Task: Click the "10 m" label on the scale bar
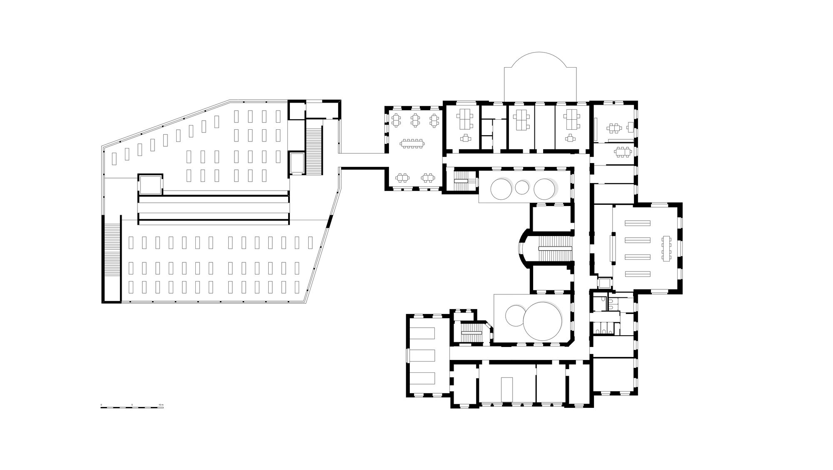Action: coord(162,405)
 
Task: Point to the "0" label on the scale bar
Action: coord(101,405)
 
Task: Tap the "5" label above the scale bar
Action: coord(132,405)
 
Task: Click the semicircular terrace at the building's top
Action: coord(540,77)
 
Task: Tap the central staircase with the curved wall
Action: coord(555,249)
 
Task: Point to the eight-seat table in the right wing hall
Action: coord(667,249)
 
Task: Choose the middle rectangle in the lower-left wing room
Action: coord(423,356)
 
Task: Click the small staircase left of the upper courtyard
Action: coord(461,181)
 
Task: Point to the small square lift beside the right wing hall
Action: coord(604,283)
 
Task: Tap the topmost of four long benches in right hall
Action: coord(637,223)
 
